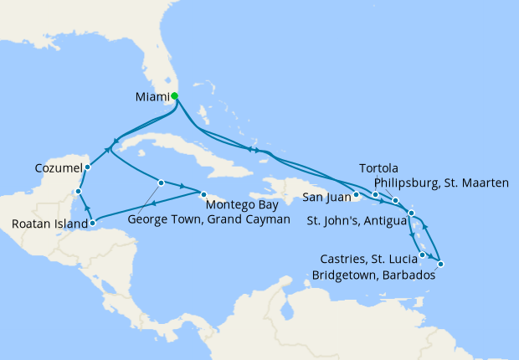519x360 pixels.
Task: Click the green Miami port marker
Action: [174, 96]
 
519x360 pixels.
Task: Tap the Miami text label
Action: [152, 97]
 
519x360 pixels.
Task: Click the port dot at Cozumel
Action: [88, 167]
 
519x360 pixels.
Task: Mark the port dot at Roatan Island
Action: [92, 223]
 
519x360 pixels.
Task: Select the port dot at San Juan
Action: [357, 196]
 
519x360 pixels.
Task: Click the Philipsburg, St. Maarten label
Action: [441, 183]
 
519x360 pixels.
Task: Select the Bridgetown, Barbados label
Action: [374, 274]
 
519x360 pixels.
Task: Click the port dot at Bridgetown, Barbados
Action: [440, 265]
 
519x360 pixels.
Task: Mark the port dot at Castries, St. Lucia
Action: [423, 255]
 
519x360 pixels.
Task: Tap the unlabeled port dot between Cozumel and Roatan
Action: [77, 192]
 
